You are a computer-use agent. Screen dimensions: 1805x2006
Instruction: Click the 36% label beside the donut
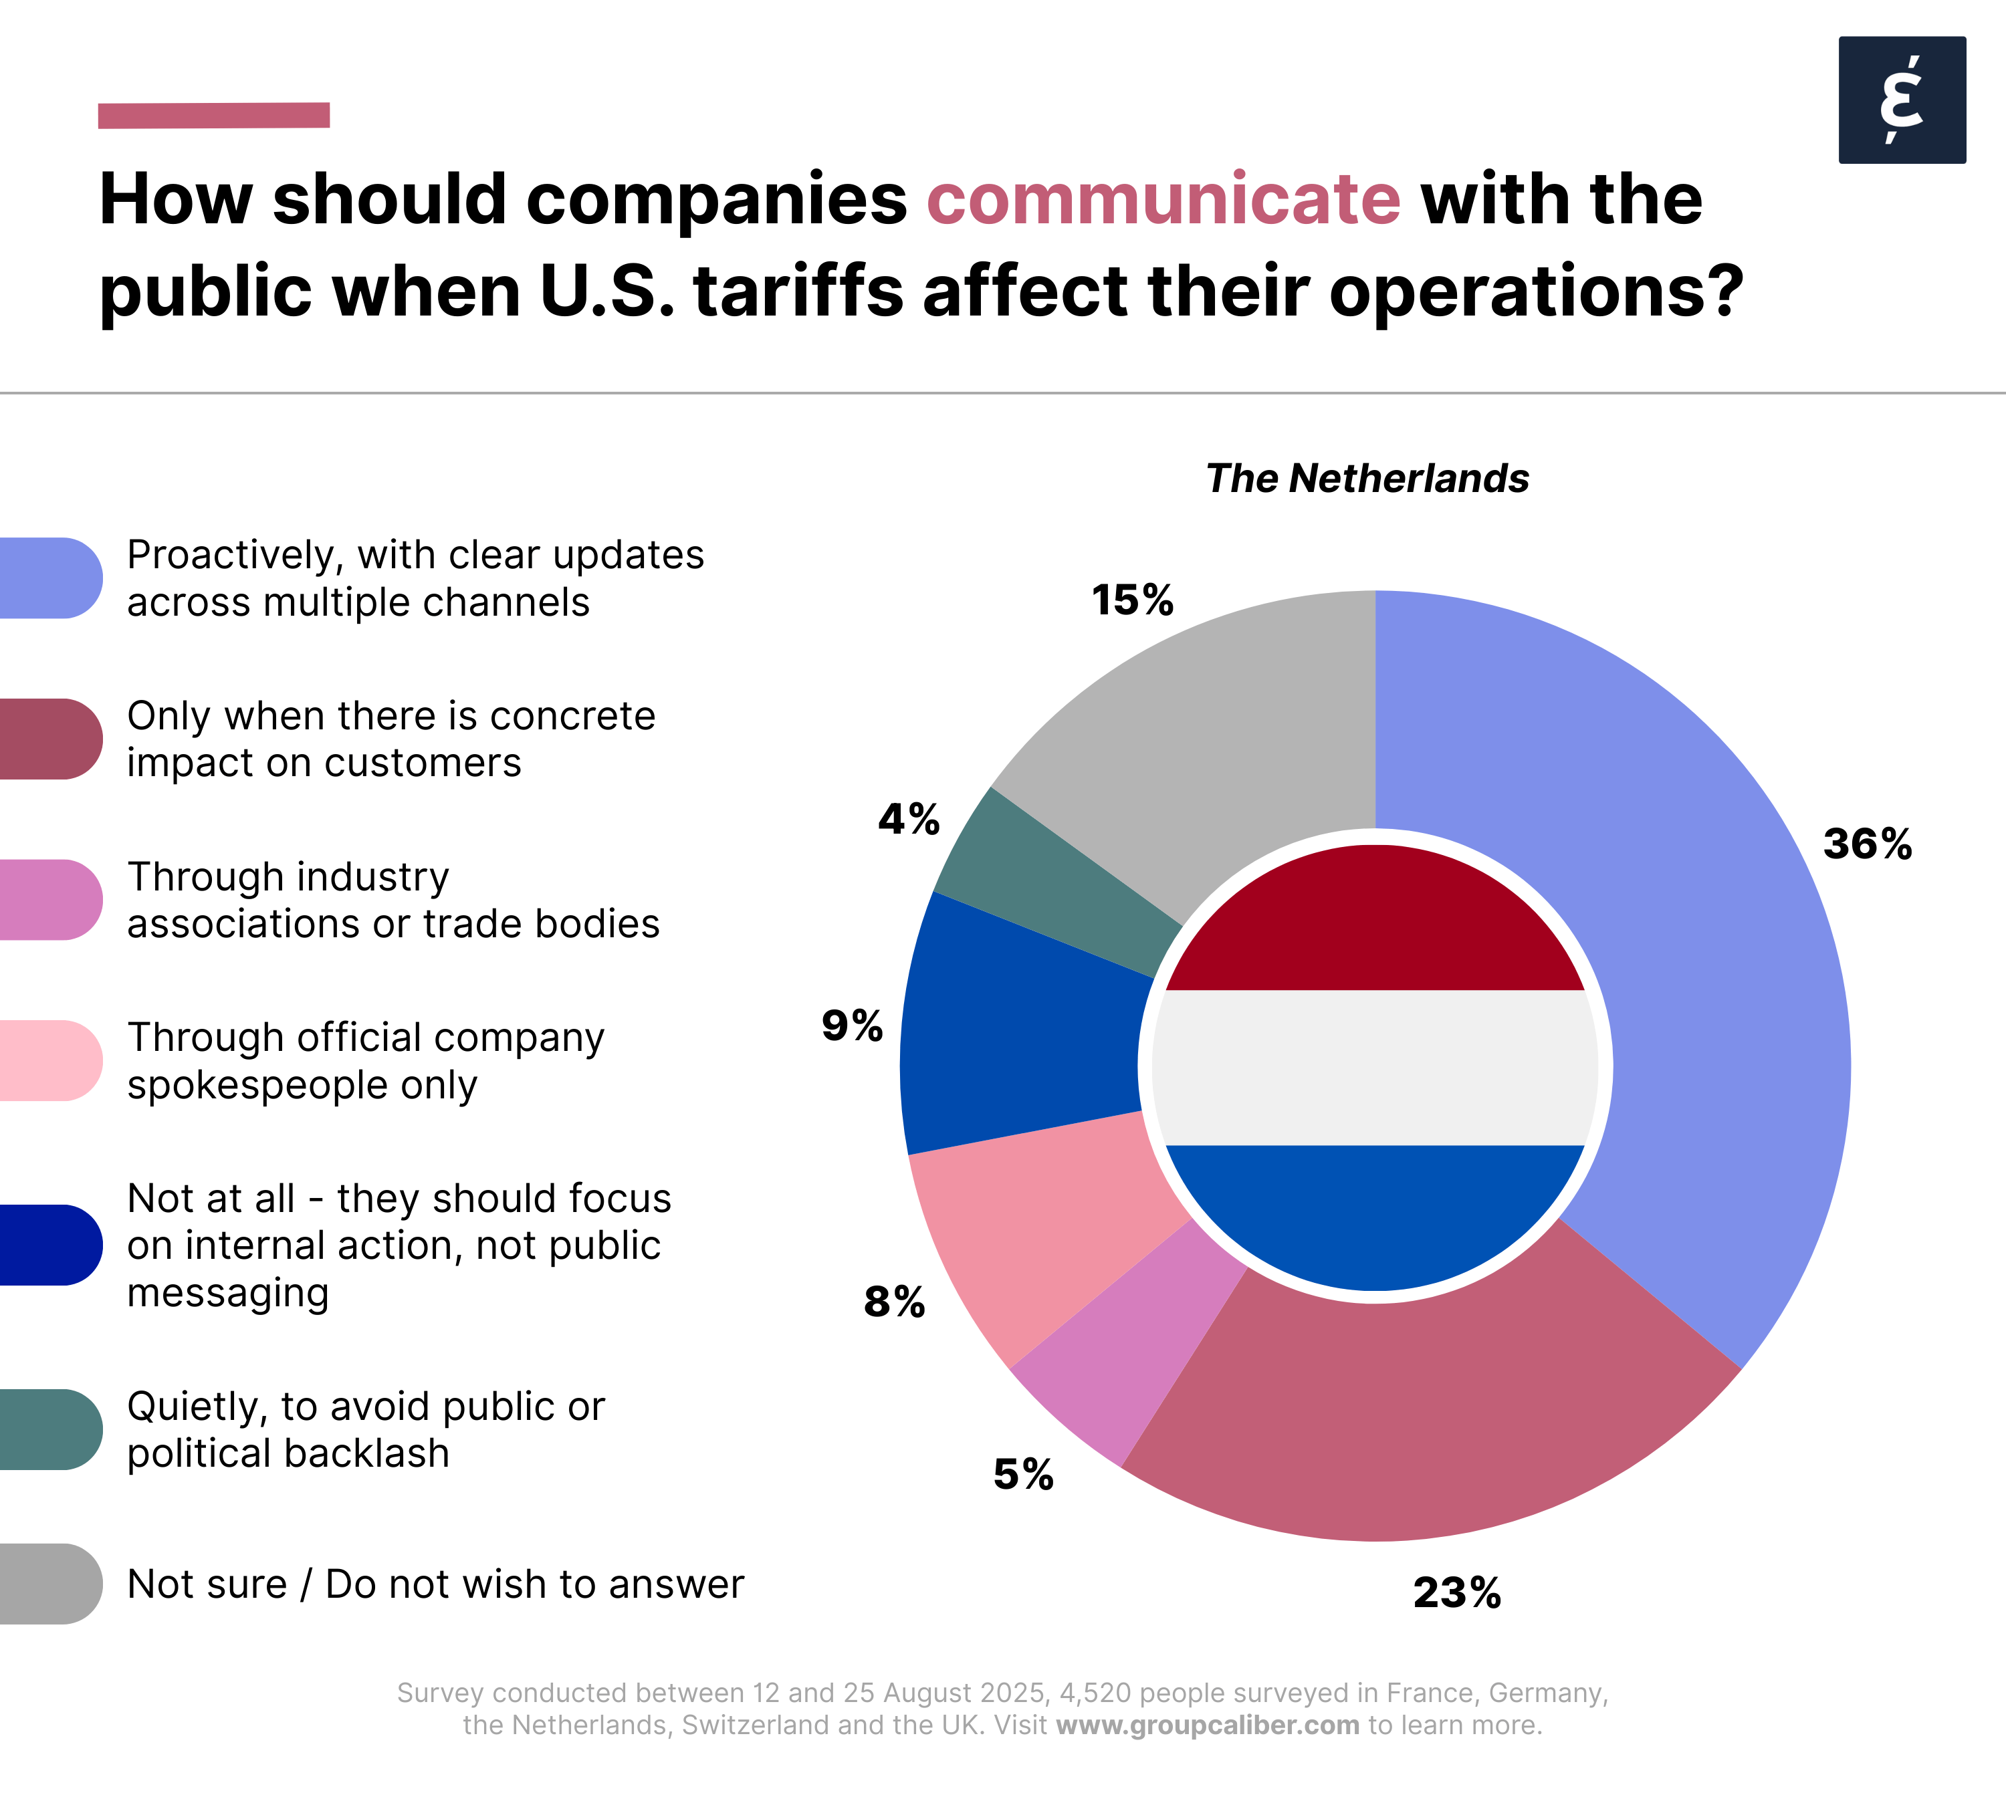[1867, 844]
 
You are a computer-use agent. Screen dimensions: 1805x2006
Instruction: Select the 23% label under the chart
[1456, 1593]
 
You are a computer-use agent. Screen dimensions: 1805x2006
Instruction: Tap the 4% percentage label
[909, 819]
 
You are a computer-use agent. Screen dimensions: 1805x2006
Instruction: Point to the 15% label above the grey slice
[1132, 600]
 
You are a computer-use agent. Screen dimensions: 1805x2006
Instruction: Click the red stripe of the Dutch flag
[1374, 923]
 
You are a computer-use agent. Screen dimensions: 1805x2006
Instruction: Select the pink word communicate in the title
[1163, 199]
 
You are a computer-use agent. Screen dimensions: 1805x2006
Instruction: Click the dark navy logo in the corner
[1902, 100]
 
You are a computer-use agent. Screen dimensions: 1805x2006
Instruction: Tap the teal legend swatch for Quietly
[49, 1429]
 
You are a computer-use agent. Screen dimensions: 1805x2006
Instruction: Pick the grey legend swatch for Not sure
[49, 1584]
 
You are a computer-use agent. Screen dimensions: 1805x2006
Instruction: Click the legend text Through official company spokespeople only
[365, 1061]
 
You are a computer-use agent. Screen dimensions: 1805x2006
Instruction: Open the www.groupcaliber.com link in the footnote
[1208, 1725]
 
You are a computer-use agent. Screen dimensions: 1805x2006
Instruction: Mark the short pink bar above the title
[213, 115]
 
